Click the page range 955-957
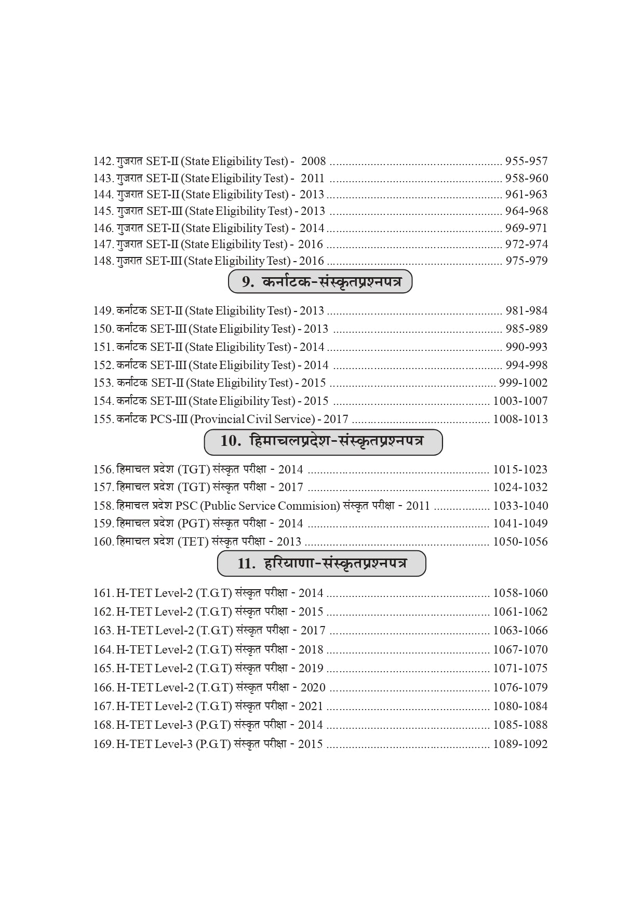[526, 161]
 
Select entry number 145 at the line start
[103, 211]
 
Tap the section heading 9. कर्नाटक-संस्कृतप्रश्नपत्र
[320, 282]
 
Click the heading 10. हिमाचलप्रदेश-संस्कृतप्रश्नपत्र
[323, 442]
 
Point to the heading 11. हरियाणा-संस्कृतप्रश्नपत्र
[321, 564]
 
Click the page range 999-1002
[523, 383]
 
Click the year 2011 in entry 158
[418, 506]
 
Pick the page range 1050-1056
[520, 542]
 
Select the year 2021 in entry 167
[311, 706]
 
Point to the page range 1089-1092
[520, 744]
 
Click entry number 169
[103, 744]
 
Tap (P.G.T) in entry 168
[213, 725]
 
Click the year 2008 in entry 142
[313, 161]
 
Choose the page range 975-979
[526, 261]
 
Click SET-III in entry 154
[168, 401]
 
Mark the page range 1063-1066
[520, 631]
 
